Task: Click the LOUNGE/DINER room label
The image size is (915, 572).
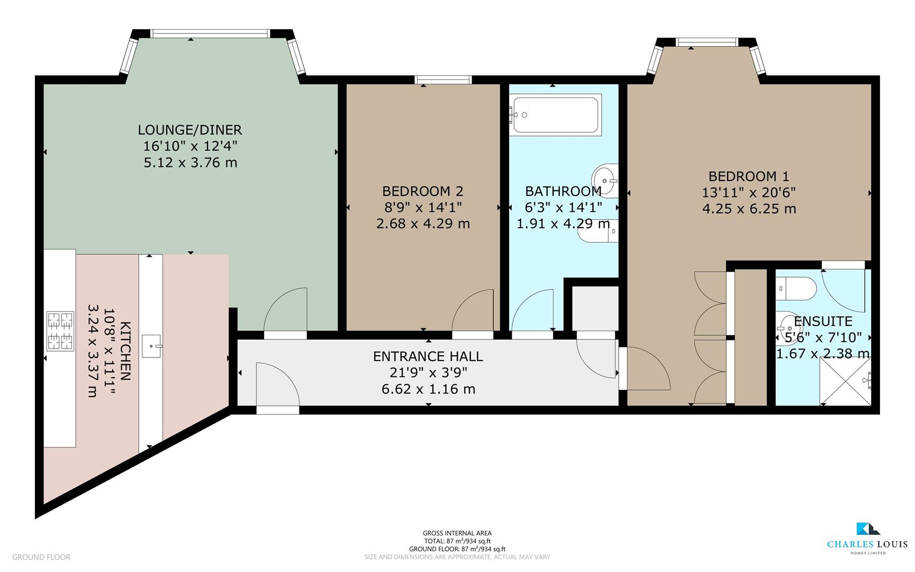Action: [189, 130]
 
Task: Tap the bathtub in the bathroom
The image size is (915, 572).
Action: [556, 114]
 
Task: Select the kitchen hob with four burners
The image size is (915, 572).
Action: [60, 331]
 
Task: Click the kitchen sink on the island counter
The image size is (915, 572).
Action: [151, 346]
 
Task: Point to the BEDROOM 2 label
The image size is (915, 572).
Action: [422, 191]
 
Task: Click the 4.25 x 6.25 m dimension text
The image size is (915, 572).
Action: [748, 209]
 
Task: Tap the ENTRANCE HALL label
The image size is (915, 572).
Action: [428, 356]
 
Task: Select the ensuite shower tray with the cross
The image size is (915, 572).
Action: [845, 381]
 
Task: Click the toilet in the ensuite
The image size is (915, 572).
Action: [796, 288]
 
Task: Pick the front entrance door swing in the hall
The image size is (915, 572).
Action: [277, 384]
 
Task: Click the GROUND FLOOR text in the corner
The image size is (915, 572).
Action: [41, 557]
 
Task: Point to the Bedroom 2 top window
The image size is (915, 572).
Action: [443, 79]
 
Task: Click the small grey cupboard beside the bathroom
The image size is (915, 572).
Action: [595, 308]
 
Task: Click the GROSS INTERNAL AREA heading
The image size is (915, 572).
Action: [457, 533]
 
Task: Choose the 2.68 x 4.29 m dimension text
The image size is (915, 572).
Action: [422, 224]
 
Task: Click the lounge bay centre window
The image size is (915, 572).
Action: [210, 33]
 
